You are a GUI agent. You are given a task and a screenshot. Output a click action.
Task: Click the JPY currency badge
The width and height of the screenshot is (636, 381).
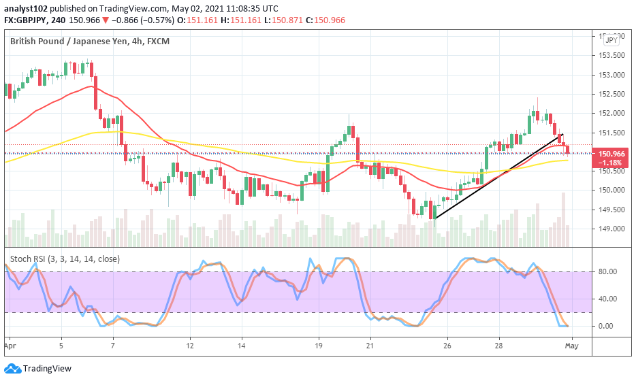(x=610, y=41)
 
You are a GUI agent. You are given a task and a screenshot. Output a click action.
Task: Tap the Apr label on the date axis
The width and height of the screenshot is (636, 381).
(x=10, y=346)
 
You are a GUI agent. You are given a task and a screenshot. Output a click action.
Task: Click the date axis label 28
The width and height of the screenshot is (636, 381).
(x=498, y=346)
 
